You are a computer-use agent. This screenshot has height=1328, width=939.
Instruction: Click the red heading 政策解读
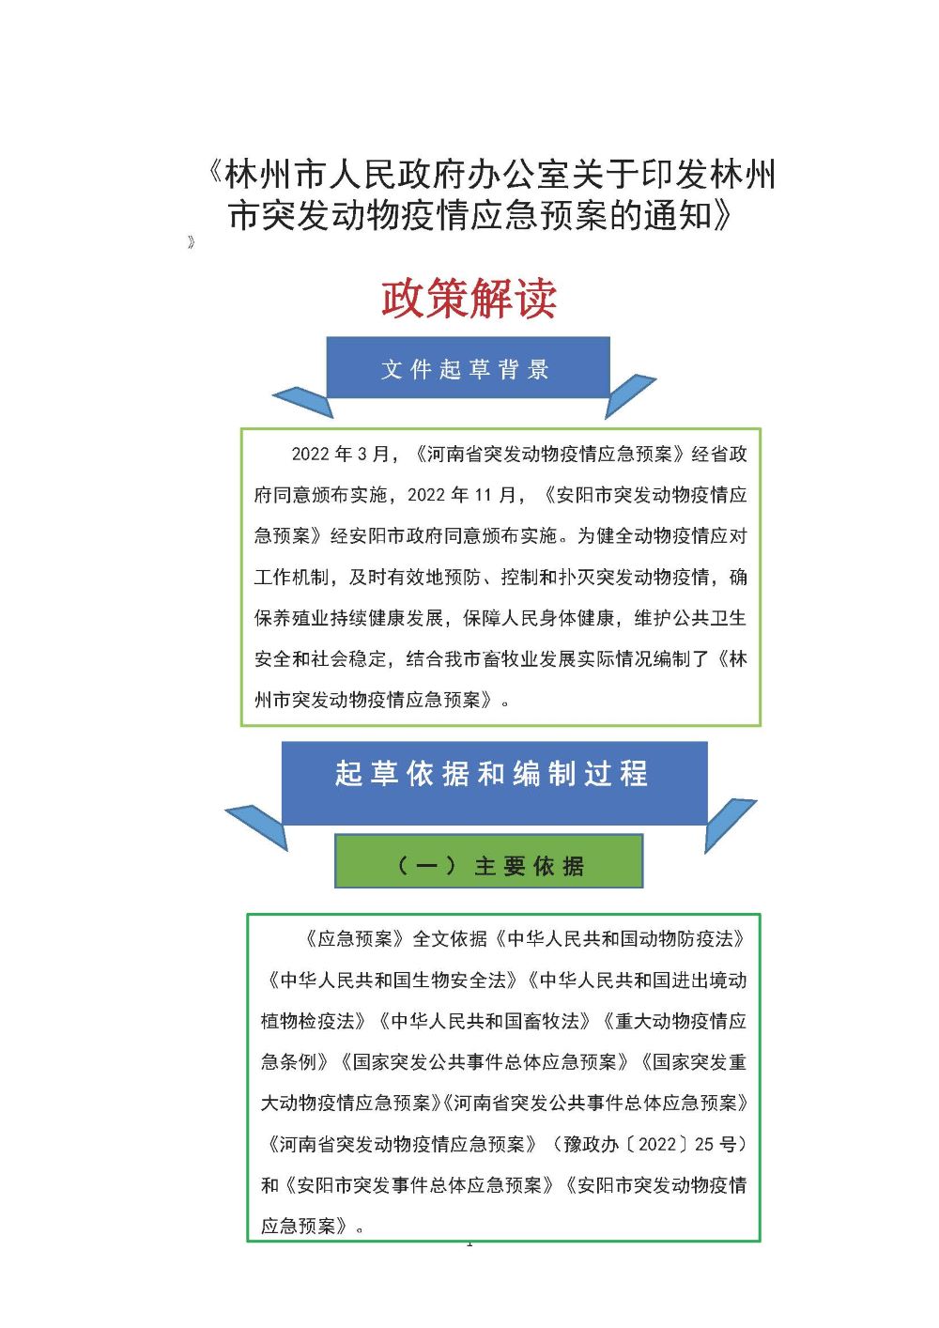tap(469, 299)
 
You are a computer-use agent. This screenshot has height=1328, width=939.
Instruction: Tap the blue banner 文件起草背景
tap(468, 367)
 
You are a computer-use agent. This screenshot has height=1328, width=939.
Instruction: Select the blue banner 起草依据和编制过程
tap(495, 782)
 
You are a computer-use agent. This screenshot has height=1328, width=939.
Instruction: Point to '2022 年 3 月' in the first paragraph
tap(340, 455)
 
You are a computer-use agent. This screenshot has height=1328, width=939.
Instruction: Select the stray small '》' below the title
tap(191, 241)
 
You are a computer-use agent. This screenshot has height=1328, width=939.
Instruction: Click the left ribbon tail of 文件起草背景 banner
tap(302, 402)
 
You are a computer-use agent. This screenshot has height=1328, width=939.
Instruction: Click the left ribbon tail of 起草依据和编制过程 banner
tap(256, 826)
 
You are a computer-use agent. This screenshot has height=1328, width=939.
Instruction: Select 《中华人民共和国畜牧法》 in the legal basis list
tap(485, 1021)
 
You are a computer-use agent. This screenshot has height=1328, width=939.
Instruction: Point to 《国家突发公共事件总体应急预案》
tap(485, 1062)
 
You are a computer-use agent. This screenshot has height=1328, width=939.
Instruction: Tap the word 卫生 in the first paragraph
tap(728, 618)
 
